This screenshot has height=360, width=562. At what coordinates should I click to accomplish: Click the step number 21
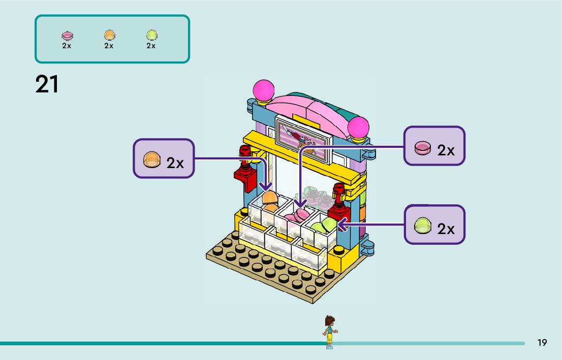[x=47, y=84]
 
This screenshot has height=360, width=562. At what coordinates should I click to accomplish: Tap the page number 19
[x=542, y=343]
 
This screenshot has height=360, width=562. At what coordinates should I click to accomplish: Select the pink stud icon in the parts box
[x=67, y=36]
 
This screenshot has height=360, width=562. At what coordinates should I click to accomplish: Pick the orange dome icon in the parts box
[x=109, y=35]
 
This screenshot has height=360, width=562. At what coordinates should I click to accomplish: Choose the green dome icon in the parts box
[x=151, y=35]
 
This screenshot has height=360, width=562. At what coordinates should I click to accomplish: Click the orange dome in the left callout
[x=151, y=159]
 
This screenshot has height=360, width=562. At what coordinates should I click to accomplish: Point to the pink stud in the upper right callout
[x=422, y=148]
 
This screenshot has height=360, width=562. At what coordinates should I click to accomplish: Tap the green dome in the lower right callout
[x=422, y=225]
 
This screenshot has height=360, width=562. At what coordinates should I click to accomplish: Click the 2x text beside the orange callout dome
[x=175, y=162]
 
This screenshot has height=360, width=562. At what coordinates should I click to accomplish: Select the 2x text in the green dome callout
[x=446, y=229]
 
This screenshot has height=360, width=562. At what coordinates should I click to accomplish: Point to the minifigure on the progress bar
[x=329, y=332]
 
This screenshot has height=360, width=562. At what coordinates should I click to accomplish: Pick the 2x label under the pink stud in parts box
[x=67, y=46]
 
